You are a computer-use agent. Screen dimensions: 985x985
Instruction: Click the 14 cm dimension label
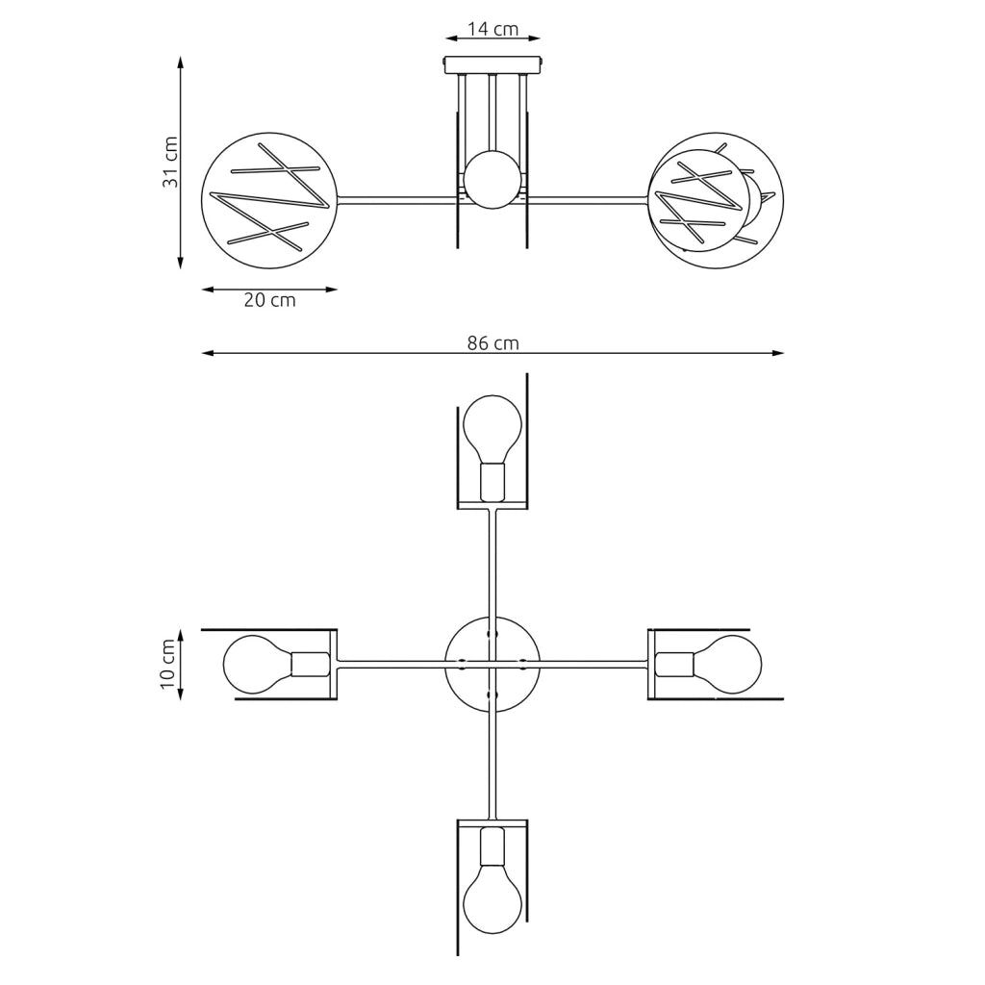pos(493,29)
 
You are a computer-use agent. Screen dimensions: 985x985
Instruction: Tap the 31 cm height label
pos(170,162)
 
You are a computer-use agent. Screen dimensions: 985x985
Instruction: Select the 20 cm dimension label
pos(269,300)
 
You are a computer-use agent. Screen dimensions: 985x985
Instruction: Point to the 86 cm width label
pos(493,343)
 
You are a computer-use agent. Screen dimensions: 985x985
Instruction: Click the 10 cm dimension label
pos(167,664)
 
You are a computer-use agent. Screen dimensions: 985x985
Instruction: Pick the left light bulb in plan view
pos(258,664)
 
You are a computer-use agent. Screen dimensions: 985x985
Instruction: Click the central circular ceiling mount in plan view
pos(492,664)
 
